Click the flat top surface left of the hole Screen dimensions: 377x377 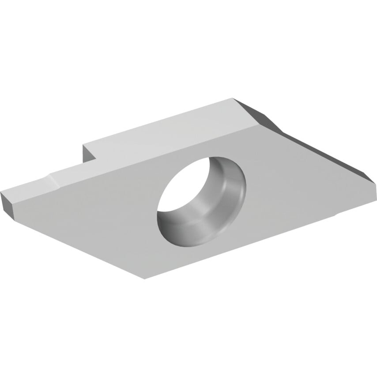click(x=97, y=212)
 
